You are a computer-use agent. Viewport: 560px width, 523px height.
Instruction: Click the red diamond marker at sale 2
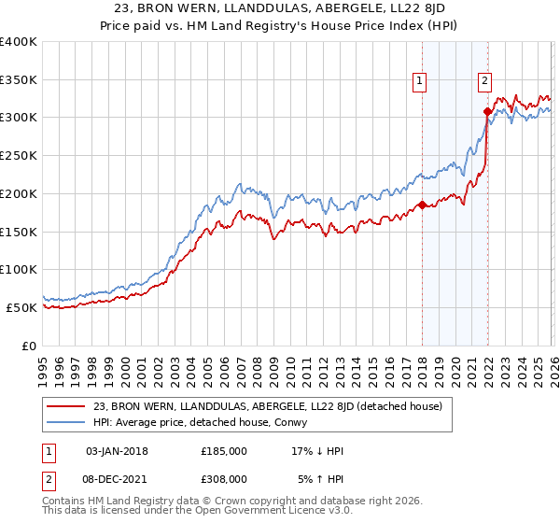[487, 111]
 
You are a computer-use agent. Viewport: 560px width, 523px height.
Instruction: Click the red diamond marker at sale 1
[422, 205]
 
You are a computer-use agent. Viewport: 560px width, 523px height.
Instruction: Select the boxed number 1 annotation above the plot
[421, 81]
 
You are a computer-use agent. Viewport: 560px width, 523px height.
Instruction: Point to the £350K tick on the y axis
[18, 80]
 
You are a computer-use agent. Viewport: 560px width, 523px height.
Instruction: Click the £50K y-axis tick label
[21, 307]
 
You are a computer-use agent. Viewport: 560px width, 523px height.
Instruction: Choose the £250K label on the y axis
[18, 156]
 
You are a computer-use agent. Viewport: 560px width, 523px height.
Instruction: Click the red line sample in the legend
[66, 405]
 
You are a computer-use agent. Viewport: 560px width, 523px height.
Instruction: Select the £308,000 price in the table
[224, 478]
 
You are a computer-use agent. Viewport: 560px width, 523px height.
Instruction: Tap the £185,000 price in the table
[224, 451]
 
